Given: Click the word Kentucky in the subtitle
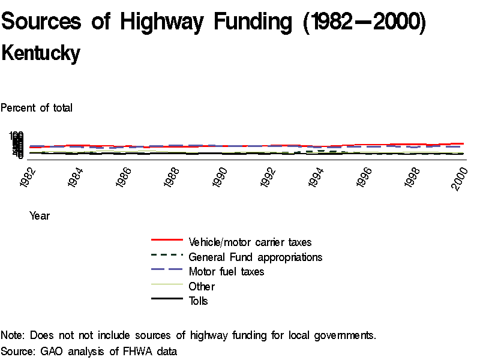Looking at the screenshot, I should (41, 53).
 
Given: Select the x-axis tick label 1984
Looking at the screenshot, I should (77, 179).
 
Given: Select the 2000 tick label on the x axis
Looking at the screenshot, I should (461, 179).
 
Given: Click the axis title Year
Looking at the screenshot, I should (40, 216).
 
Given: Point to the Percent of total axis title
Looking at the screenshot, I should (37, 108).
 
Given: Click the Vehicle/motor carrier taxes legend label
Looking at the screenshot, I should (250, 242).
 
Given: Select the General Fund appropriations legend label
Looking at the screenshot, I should (256, 257).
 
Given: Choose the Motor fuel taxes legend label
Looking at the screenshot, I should (226, 272).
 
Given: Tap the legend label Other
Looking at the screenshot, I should (202, 286).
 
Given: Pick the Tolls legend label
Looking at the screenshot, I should (199, 301).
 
